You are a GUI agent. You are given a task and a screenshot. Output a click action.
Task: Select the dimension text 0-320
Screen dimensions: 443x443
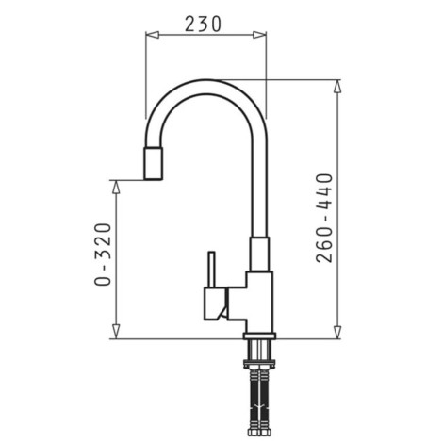click(103, 254)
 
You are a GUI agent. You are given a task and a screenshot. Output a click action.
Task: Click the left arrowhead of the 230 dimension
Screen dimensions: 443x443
click(148, 36)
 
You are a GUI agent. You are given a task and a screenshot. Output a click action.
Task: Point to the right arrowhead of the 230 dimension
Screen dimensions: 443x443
click(263, 36)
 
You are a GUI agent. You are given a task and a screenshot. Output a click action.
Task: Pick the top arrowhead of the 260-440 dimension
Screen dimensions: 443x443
click(336, 85)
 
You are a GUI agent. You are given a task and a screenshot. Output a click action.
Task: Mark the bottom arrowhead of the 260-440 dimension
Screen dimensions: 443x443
click(336, 333)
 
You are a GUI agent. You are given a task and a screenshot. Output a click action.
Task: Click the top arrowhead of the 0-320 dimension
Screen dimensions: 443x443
click(117, 183)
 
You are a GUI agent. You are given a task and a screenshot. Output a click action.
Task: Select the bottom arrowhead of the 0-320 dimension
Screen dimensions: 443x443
click(117, 333)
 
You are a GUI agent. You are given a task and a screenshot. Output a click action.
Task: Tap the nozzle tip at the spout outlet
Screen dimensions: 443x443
click(154, 164)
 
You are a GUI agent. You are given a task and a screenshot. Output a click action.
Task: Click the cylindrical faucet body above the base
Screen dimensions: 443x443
click(259, 302)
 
